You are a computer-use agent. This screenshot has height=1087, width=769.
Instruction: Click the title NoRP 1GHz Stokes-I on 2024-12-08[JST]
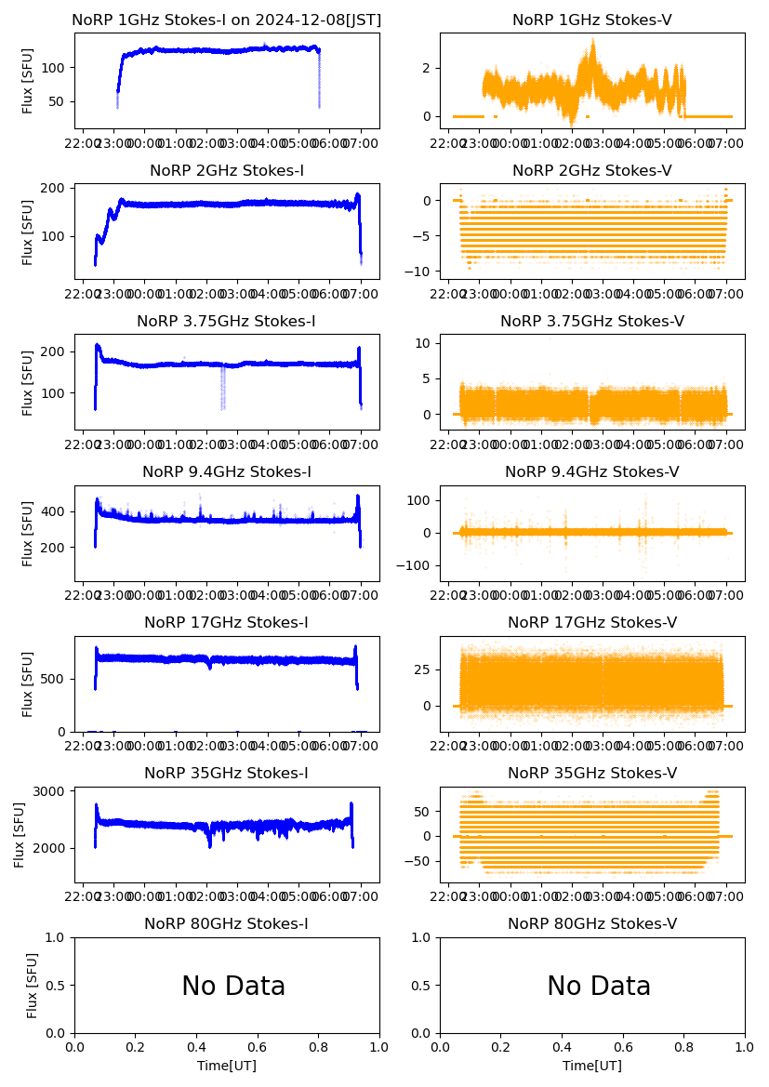point(227,20)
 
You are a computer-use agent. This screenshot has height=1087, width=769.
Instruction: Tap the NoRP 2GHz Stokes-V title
point(592,170)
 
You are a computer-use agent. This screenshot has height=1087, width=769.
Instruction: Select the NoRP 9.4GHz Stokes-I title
point(227,471)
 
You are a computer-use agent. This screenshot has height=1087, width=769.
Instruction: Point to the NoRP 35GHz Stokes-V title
point(592,773)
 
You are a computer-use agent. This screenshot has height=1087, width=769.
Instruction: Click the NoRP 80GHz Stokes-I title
point(227,923)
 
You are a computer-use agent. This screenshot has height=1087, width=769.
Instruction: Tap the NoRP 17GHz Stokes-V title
point(592,622)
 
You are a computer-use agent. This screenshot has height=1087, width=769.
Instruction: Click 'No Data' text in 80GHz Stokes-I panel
point(233,986)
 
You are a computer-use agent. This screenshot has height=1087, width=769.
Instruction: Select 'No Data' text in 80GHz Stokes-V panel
point(599,986)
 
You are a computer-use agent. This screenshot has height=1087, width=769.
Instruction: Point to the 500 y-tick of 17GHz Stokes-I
point(55,679)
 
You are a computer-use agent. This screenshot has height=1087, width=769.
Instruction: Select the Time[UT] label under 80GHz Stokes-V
point(592,1066)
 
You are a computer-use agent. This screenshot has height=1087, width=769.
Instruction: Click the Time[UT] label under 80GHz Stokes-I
point(227,1066)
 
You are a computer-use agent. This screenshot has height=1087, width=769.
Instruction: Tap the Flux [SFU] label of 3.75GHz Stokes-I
point(28,382)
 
